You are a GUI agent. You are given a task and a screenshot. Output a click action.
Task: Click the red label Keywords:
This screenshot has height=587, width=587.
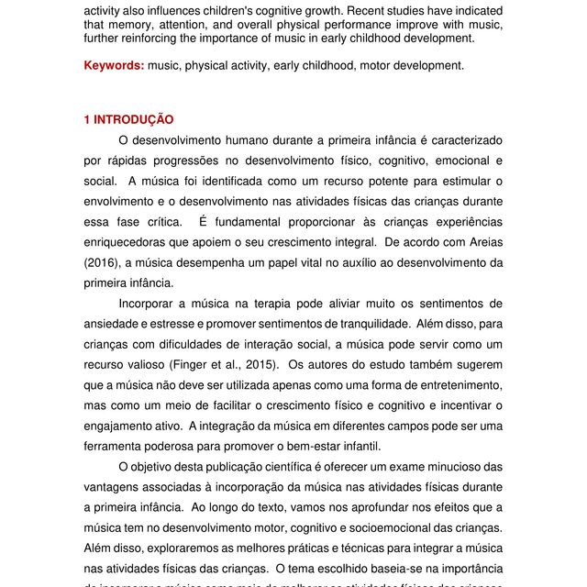pos(114,66)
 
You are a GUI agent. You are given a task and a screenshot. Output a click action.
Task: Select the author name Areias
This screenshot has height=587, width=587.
pos(481,243)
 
